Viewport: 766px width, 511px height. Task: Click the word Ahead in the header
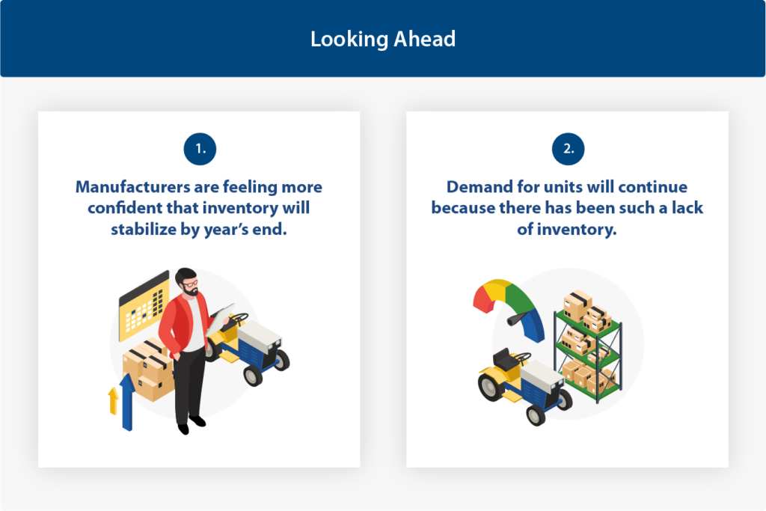coord(425,39)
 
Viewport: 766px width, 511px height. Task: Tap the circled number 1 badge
coord(200,149)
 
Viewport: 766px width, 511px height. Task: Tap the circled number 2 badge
coord(569,149)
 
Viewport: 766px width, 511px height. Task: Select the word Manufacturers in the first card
coord(133,187)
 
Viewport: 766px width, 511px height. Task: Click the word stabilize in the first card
coord(144,229)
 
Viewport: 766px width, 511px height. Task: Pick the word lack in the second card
coord(687,208)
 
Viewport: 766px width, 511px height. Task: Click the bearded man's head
coord(186,281)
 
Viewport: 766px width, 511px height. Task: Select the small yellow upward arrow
coord(114,400)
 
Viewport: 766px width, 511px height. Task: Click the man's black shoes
coord(191,424)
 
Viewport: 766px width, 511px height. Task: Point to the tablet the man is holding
coord(219,319)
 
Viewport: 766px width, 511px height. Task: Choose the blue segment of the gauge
coord(534,325)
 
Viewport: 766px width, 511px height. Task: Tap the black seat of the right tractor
coord(505,359)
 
